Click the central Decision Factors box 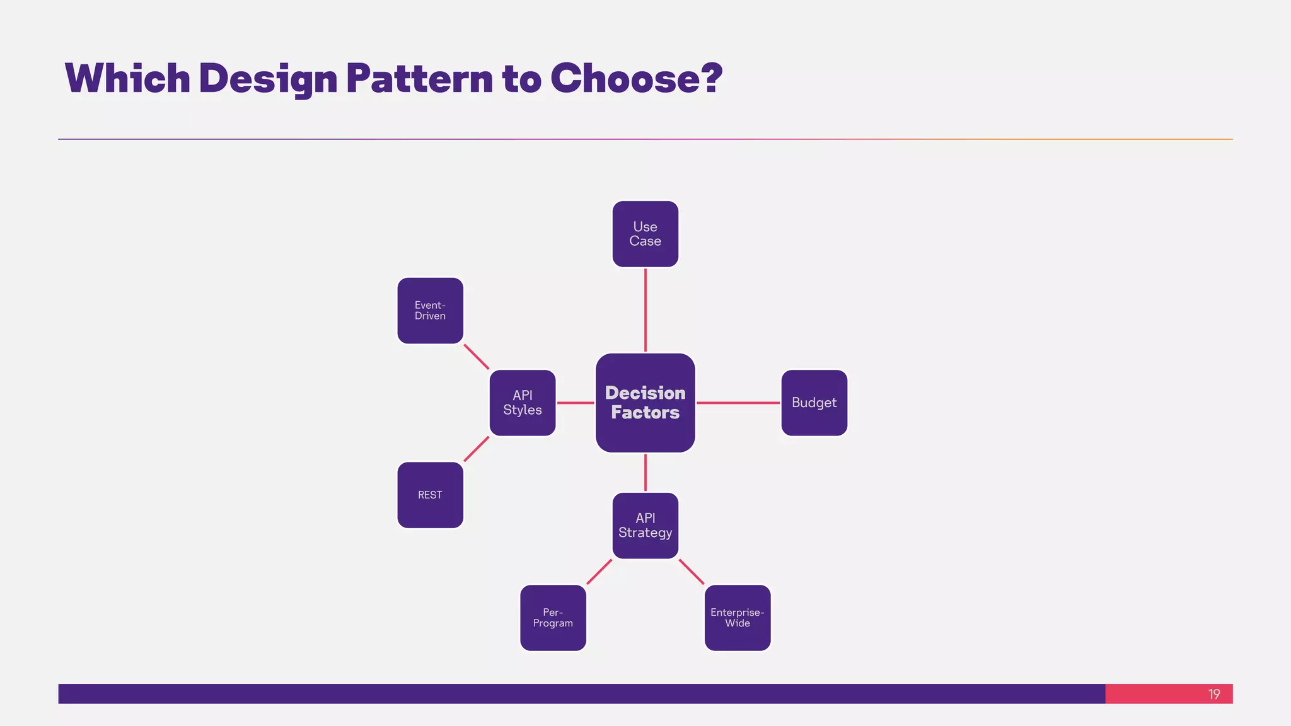coord(645,403)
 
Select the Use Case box coord(645,234)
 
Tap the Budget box coord(814,403)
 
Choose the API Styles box coord(523,403)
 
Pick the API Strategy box coord(645,526)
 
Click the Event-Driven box coord(430,311)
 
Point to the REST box coord(430,495)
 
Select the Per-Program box coord(553,618)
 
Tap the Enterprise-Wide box coord(738,618)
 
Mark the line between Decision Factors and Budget coord(738,403)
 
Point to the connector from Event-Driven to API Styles coord(477,357)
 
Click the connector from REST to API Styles coord(477,449)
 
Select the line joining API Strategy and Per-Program coord(599,572)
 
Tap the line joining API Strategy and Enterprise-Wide coord(692,572)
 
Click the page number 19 coord(1214,694)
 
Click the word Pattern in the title coord(419,79)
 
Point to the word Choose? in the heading coord(635,79)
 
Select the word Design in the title coord(268,79)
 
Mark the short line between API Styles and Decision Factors coord(576,403)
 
